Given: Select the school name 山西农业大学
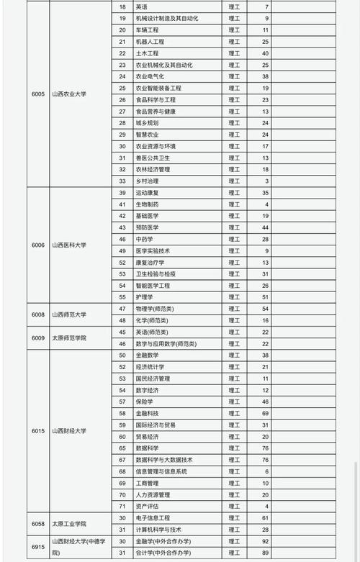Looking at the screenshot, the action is tap(68, 94).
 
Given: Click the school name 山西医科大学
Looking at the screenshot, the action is tap(68, 245).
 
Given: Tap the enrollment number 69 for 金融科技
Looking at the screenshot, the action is tap(265, 413).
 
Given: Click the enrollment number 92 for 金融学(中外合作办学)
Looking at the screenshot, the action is tap(265, 540).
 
